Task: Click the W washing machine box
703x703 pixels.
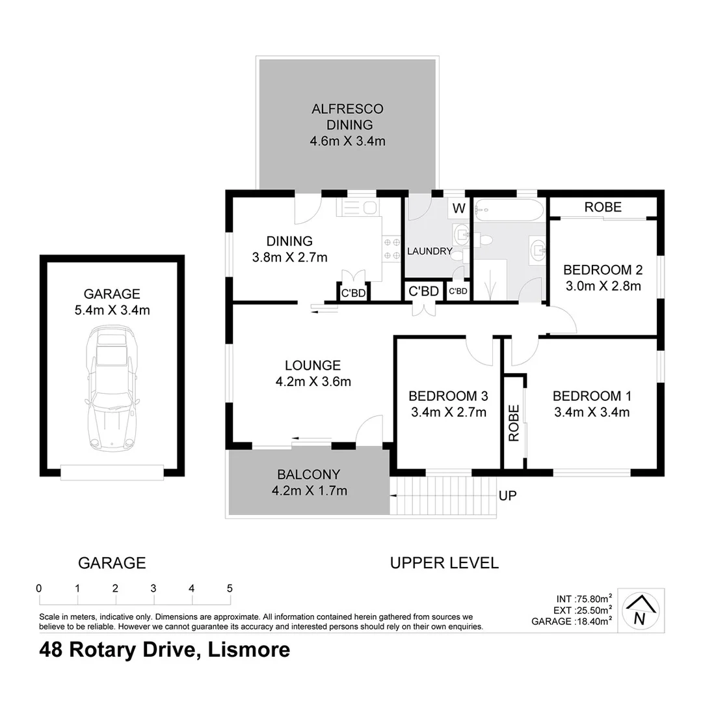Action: tap(459, 209)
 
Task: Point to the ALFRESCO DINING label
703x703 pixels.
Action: tap(347, 117)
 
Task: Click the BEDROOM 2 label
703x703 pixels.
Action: tap(598, 269)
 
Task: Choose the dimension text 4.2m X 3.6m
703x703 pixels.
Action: tap(313, 382)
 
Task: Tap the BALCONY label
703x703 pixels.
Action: tap(308, 475)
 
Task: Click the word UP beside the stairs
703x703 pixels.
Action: tap(508, 496)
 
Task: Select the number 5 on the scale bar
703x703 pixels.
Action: tap(230, 588)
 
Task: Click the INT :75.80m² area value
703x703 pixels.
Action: tap(583, 599)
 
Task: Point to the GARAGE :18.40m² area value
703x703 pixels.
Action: tap(572, 622)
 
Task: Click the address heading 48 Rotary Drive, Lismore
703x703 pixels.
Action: tap(165, 650)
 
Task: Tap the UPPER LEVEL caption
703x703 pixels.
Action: tap(444, 563)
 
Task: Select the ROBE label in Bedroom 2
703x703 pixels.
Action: tap(603, 208)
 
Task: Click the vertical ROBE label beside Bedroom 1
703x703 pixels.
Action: tap(514, 423)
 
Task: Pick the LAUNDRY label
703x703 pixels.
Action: tap(429, 251)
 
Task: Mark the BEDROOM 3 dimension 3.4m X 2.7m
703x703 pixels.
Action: tap(448, 411)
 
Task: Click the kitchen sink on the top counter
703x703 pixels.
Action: tap(369, 208)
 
